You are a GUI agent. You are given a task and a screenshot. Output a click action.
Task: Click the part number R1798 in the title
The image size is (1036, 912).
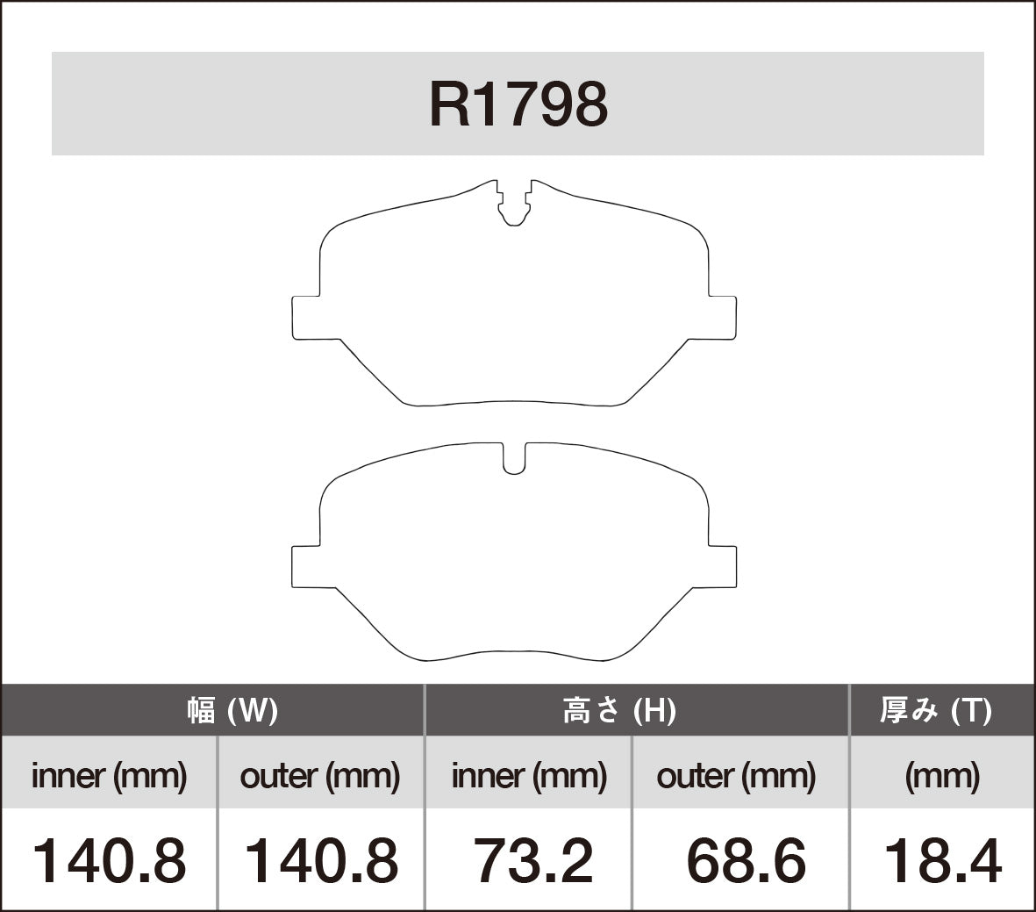tap(518, 104)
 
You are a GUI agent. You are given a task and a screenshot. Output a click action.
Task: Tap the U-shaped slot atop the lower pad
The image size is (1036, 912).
tap(514, 459)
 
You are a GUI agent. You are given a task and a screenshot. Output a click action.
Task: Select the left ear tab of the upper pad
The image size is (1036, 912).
tap(305, 317)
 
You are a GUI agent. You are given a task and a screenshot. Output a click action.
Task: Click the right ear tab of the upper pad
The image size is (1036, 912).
tap(722, 317)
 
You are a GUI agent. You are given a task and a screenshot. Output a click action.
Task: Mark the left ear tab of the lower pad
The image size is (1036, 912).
tap(305, 565)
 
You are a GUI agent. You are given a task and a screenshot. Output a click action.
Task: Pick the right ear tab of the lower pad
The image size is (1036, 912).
tap(722, 565)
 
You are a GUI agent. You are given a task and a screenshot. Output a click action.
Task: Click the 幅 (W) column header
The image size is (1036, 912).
tap(232, 710)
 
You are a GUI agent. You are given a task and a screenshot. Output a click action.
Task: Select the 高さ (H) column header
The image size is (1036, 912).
tap(618, 710)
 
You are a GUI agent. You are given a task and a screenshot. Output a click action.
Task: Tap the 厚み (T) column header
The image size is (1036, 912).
tap(936, 710)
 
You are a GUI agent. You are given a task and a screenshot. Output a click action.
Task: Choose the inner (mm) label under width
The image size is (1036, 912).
tap(110, 775)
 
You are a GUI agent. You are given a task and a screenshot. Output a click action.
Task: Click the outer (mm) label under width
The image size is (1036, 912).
tap(319, 775)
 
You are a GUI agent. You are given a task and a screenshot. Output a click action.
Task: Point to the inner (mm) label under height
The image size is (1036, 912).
tap(529, 775)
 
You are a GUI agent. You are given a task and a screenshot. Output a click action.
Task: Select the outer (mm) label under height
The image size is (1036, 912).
tap(736, 775)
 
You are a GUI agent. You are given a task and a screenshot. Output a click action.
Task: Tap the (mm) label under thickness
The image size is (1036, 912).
tap(942, 775)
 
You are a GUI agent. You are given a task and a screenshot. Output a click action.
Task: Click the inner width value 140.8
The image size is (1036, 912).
tap(110, 860)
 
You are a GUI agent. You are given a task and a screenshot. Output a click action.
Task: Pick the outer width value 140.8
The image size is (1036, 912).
tap(320, 860)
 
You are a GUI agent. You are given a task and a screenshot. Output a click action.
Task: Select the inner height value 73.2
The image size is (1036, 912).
tap(533, 860)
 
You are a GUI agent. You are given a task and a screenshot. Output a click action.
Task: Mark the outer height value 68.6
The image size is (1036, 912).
tap(746, 860)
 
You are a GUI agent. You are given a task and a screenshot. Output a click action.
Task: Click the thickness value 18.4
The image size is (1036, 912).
tap(942, 860)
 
